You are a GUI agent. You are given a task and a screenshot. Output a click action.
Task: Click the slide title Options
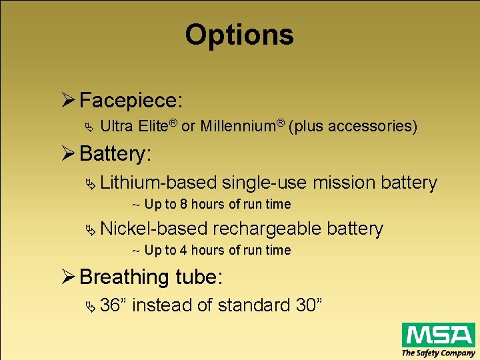(x=239, y=35)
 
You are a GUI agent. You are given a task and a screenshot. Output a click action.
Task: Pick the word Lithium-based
(x=159, y=182)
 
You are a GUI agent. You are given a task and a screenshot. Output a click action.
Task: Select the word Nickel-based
(x=154, y=229)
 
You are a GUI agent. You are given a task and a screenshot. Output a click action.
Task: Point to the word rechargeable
(x=267, y=229)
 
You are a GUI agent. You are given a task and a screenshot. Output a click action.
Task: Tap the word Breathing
(x=124, y=277)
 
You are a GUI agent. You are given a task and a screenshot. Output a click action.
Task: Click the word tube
(x=198, y=277)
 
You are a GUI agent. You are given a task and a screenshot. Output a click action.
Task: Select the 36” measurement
(x=114, y=305)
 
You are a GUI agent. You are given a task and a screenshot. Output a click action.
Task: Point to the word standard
(x=253, y=305)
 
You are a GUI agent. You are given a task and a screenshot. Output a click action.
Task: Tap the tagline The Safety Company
(x=438, y=353)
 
